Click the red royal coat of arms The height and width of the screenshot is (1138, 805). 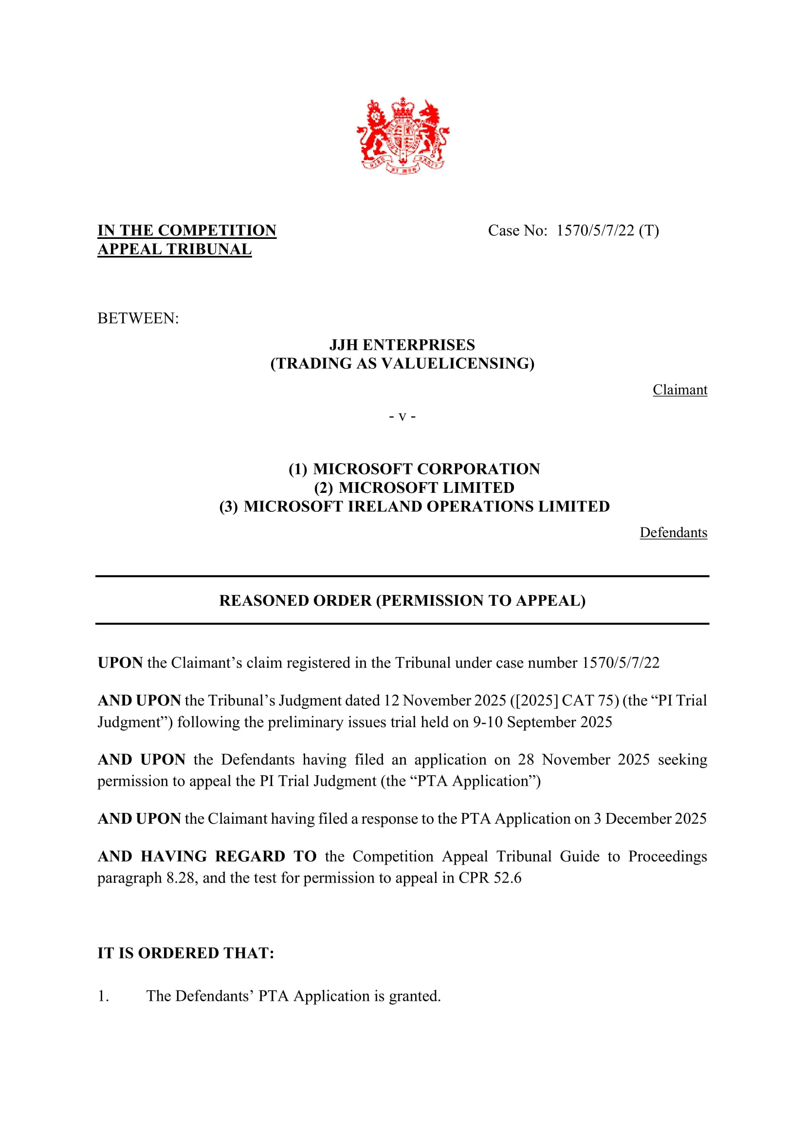[x=402, y=135]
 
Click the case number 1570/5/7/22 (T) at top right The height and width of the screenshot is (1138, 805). [x=607, y=231]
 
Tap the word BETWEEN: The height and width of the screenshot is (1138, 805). [x=138, y=318]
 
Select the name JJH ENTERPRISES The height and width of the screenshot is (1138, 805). [x=402, y=345]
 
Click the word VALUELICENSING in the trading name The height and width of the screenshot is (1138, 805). [x=455, y=364]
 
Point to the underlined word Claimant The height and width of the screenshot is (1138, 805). [x=679, y=390]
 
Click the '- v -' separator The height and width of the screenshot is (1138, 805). [x=402, y=416]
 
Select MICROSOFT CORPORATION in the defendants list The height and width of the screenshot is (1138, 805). [x=426, y=469]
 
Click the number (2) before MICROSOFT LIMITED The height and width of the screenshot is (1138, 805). [x=323, y=488]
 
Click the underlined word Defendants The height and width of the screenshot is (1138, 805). [x=673, y=533]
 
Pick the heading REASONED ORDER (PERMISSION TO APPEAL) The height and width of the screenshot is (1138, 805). [x=402, y=601]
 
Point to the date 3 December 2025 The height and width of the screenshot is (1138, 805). [x=650, y=819]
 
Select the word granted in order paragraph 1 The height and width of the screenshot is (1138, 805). [x=414, y=996]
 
